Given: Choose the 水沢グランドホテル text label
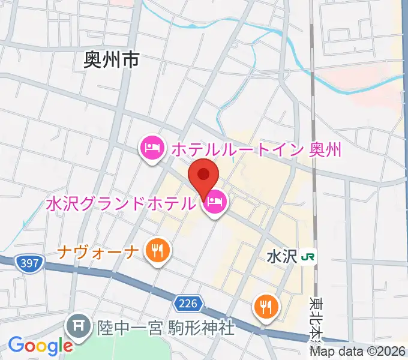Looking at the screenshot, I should tap(121, 203).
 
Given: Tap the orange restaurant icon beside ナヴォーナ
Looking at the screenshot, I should tap(157, 251).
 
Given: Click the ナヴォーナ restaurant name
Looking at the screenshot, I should tap(99, 251).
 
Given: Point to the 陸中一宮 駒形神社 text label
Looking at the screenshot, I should tap(166, 328).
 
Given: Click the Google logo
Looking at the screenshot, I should tap(40, 346).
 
